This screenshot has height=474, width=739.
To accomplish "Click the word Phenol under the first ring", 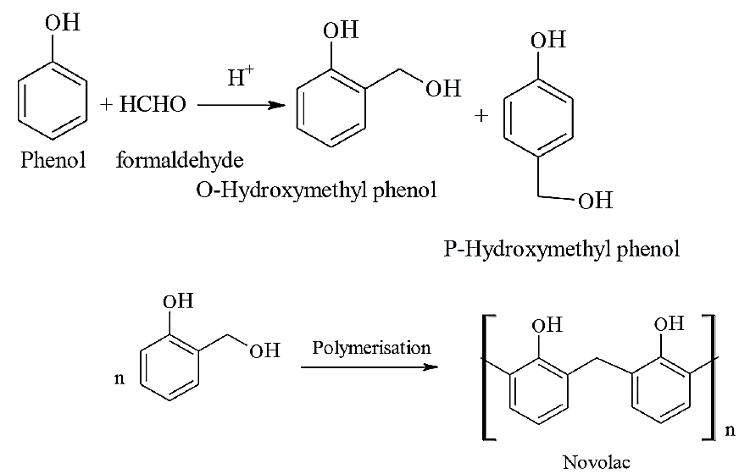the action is point(53,160).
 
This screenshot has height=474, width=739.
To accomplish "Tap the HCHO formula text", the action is point(153,104).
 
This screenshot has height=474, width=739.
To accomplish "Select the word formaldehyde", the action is point(180,161).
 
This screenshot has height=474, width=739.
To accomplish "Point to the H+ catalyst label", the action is point(241,76).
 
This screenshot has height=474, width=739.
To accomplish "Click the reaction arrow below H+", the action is point(242,105).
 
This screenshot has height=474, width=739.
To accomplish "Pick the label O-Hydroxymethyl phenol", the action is point(316,190).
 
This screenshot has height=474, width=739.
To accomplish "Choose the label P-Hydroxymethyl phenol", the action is point(562,248).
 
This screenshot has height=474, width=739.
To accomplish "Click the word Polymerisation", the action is point(371,348).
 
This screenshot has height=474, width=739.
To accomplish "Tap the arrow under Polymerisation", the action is point(369,367).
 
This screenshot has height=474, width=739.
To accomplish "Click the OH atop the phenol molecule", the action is point(63,23).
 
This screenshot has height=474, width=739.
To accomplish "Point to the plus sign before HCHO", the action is point(107,104).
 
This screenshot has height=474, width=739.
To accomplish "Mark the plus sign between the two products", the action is point(481,115).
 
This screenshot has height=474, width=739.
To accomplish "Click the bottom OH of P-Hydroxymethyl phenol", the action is point(595,200).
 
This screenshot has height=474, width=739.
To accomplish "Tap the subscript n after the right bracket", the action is point(730,429).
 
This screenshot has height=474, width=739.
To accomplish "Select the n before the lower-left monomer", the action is point(119,378).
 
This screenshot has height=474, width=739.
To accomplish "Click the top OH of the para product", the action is point(547,40).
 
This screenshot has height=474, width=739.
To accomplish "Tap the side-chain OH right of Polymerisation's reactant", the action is point(265,350).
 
